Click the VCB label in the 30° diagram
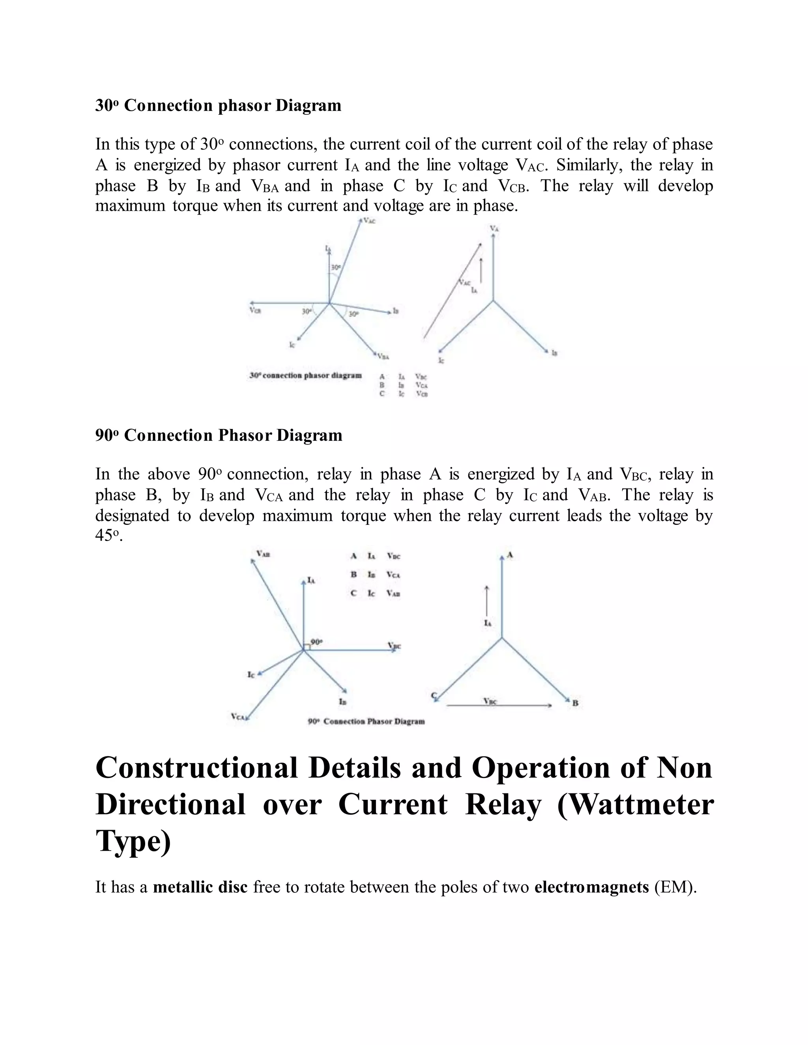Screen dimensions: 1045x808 (255, 310)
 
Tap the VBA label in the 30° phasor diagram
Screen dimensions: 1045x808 (383, 356)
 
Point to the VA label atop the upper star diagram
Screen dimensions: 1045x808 (494, 229)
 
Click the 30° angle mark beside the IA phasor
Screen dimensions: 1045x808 (336, 267)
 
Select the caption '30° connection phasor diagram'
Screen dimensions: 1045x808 (305, 375)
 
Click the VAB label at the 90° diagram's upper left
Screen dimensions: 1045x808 (263, 554)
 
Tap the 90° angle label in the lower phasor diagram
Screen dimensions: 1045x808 (316, 641)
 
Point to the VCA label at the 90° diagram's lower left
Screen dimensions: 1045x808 (238, 716)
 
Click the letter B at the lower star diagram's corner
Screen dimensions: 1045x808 (575, 703)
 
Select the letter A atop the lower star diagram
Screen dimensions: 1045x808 (510, 554)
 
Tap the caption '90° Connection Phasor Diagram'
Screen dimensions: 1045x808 (367, 721)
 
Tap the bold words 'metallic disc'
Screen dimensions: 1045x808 (200, 887)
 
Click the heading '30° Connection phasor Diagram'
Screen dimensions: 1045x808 (218, 105)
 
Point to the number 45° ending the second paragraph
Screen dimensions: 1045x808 (108, 536)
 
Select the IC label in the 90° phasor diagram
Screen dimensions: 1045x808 (251, 674)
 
